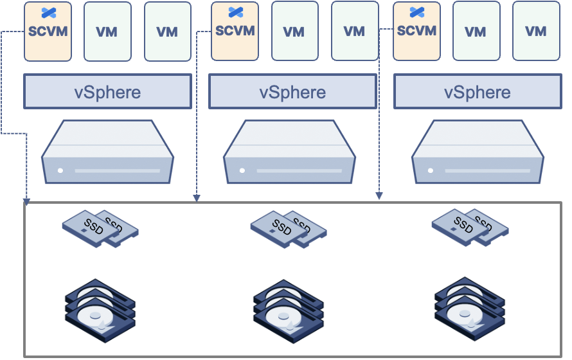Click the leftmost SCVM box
(x=48, y=32)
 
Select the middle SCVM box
(x=235, y=32)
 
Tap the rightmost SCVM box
(x=416, y=32)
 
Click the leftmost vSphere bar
(x=107, y=91)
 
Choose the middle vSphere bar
(x=292, y=91)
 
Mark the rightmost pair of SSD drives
(x=469, y=226)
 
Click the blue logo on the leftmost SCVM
(x=48, y=12)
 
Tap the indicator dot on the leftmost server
(x=60, y=171)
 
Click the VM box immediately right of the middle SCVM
(x=294, y=32)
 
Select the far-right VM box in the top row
(x=535, y=32)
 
